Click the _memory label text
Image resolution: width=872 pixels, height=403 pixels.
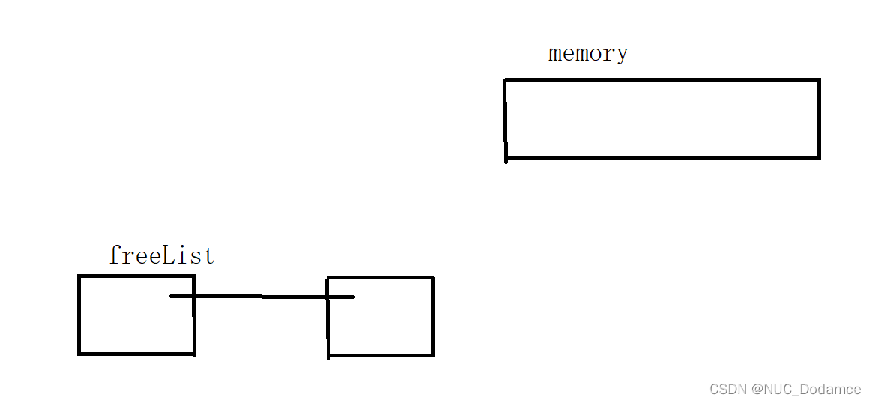tap(582, 54)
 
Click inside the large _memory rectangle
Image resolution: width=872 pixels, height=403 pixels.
tap(662, 118)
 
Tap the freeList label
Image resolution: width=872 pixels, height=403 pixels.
tap(161, 256)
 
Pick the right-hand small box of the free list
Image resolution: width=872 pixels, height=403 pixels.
tap(390, 330)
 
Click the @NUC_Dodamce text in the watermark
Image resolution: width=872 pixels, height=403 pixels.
tap(806, 389)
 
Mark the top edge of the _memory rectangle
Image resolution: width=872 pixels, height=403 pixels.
tap(662, 80)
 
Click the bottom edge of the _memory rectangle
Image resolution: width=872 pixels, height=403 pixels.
tap(662, 157)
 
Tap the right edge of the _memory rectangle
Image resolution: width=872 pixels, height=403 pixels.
tap(819, 118)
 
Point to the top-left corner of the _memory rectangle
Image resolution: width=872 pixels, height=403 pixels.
tap(506, 80)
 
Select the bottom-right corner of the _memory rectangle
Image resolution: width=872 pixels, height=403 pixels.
tap(819, 157)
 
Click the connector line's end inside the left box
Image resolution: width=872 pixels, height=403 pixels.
tap(172, 297)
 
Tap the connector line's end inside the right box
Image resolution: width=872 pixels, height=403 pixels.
tap(353, 297)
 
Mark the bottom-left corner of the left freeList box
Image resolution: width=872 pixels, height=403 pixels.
tap(79, 353)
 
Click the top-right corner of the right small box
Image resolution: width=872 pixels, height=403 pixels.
tap(432, 278)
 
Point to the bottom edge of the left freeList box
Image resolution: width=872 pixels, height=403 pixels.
tap(136, 353)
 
